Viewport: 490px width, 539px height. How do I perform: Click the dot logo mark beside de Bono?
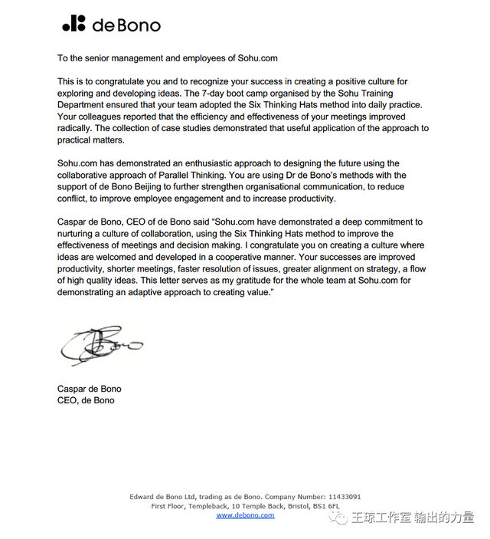coord(73,24)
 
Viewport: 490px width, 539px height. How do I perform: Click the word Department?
coord(84,105)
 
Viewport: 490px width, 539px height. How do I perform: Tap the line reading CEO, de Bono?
coord(86,400)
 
